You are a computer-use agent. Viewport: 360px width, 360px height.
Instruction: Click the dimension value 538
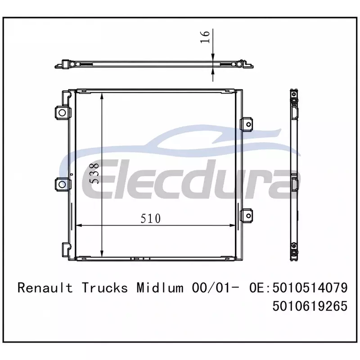[94, 173]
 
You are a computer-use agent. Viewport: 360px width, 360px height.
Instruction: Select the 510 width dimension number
[151, 218]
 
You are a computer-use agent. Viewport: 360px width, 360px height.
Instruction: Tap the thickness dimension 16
[205, 37]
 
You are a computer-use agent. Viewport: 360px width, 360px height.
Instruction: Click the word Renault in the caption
[45, 288]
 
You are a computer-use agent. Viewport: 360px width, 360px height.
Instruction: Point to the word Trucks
[105, 288]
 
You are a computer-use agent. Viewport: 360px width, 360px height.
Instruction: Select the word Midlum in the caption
[160, 288]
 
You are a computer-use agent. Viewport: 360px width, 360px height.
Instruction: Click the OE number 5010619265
[310, 306]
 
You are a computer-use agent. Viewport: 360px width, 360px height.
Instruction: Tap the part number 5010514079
[310, 288]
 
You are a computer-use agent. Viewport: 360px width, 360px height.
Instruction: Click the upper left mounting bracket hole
[62, 112]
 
